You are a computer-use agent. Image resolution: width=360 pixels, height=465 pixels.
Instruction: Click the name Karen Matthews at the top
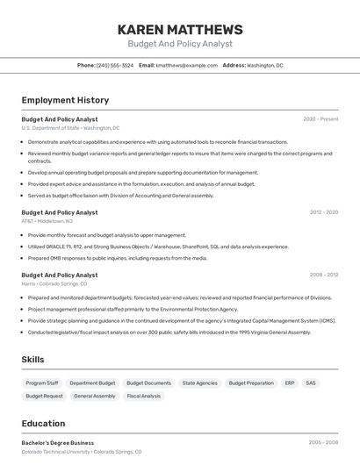[180, 29]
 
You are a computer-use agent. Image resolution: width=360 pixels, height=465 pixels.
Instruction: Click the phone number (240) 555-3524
[115, 65]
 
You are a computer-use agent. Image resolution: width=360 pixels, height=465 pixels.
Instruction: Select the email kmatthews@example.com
[187, 65]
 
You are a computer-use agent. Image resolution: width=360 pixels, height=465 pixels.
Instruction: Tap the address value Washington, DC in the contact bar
[265, 65]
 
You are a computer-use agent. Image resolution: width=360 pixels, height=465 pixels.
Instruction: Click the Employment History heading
[65, 100]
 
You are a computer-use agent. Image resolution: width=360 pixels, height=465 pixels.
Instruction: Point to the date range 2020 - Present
[320, 119]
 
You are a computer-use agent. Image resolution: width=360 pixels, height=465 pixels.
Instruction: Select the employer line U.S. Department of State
[70, 128]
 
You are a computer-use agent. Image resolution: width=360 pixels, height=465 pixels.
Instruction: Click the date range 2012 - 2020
[323, 212]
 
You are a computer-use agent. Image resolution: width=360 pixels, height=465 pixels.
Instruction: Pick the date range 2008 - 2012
[323, 275]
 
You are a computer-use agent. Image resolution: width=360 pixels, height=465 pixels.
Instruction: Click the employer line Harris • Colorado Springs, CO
[54, 284]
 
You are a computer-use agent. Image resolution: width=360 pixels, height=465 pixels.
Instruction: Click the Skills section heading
[33, 360]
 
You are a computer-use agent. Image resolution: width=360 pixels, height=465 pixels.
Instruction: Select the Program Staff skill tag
[42, 383]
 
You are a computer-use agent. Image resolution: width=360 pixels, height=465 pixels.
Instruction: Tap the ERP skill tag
[290, 383]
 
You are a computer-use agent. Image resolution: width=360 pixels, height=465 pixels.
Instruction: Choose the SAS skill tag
[311, 383]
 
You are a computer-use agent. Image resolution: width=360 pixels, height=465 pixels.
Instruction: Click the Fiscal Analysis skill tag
[144, 397]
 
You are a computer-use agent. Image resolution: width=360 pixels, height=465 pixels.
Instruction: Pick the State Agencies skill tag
[200, 383]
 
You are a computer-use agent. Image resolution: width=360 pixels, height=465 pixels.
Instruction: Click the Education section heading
[43, 424]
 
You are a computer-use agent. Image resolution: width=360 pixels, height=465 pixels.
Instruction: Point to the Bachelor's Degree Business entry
[58, 443]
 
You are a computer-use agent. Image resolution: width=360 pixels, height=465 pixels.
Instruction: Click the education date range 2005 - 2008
[323, 443]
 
